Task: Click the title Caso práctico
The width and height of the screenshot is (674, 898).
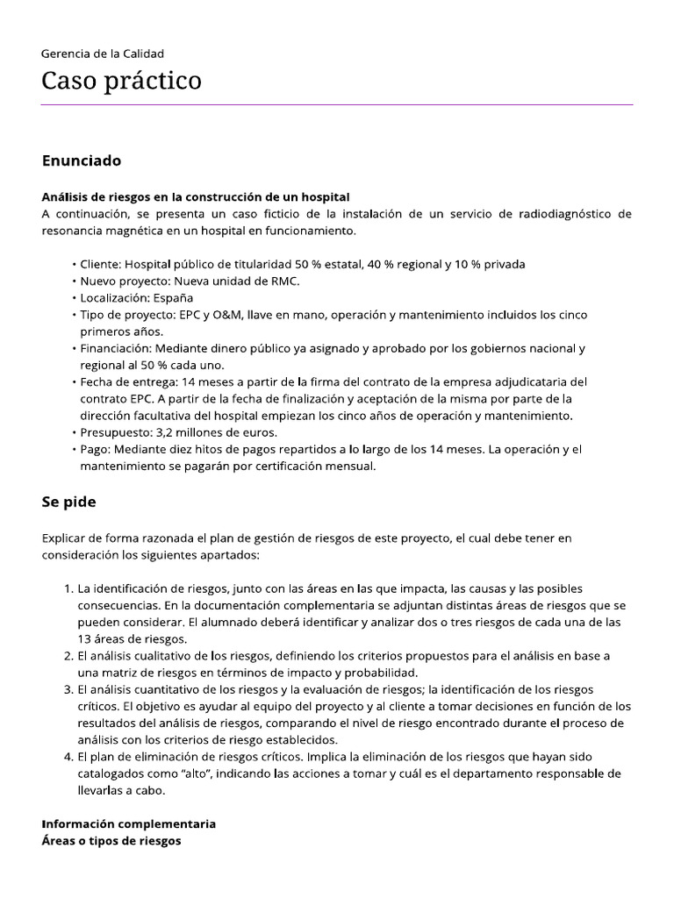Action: click(121, 82)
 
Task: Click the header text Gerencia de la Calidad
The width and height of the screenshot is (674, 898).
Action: click(103, 53)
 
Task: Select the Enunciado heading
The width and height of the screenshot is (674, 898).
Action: click(81, 161)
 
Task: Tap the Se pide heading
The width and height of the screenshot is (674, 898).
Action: click(68, 502)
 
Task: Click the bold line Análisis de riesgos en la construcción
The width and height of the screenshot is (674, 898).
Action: click(196, 197)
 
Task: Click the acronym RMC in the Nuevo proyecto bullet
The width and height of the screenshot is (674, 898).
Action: click(284, 281)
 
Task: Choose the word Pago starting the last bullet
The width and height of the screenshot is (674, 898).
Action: click(95, 449)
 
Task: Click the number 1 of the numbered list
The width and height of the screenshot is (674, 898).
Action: click(68, 588)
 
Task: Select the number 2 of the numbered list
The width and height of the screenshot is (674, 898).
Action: click(68, 656)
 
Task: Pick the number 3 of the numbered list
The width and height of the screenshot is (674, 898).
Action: click(68, 689)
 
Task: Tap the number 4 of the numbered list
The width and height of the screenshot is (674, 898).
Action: click(68, 757)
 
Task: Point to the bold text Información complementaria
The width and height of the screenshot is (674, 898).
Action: click(128, 824)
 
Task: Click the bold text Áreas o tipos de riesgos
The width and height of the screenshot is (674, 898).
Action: click(111, 841)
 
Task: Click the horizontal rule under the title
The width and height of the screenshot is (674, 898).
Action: click(337, 105)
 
